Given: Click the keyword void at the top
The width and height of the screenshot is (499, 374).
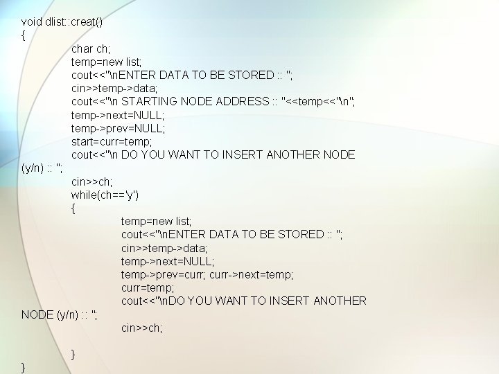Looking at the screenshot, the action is (33, 21).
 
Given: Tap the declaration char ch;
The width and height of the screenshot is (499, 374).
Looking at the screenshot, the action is (90, 48).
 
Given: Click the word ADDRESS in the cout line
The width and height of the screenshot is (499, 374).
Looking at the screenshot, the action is (243, 102).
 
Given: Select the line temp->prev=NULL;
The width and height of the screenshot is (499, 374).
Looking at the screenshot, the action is (118, 128).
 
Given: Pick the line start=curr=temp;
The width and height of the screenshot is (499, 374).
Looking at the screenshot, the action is (111, 141).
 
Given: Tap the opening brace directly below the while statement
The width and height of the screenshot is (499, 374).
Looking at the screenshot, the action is (73, 208).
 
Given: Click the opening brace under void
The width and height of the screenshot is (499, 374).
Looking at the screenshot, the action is (24, 35).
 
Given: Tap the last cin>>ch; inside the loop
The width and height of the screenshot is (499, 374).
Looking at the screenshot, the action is (141, 328).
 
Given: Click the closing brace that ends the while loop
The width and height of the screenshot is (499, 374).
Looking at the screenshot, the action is (73, 355).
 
